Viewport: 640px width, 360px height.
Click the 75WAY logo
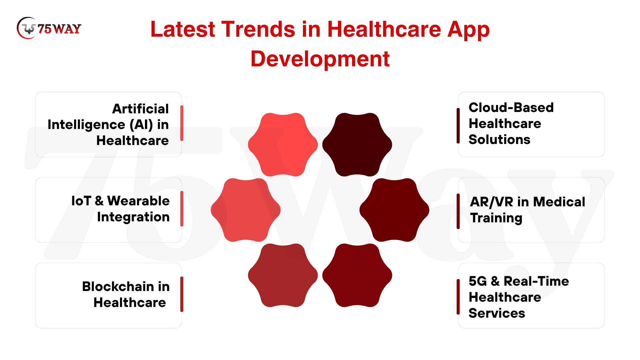click(49, 28)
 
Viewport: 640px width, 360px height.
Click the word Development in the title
click(320, 59)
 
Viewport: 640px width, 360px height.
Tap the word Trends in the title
click(258, 29)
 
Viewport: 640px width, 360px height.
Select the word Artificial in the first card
click(140, 109)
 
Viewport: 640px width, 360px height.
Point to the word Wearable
click(138, 201)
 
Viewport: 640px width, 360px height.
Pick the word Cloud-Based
click(511, 107)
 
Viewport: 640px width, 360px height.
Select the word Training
click(496, 218)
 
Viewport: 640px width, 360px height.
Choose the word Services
click(497, 313)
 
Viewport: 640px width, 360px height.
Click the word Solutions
click(499, 139)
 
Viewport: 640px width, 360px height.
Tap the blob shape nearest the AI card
click(283, 145)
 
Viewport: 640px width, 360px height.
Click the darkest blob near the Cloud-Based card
click(357, 145)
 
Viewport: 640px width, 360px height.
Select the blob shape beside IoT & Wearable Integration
click(246, 210)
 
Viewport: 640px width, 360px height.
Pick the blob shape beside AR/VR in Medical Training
click(394, 210)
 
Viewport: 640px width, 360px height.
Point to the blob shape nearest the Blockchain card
click(283, 275)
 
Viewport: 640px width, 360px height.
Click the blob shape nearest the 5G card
click(357, 275)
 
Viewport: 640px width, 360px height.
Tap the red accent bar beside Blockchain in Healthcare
click(182, 294)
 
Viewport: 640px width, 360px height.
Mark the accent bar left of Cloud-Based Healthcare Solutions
click(458, 126)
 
